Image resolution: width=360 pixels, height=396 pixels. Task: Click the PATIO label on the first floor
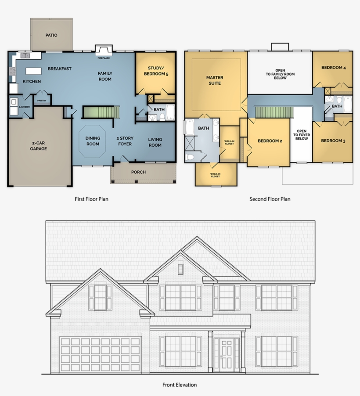(x=51, y=35)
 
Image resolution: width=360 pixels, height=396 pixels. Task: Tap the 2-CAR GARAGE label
(x=39, y=146)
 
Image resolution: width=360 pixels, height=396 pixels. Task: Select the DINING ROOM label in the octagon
(x=93, y=141)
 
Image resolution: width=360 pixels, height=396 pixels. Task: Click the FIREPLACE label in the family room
(x=103, y=57)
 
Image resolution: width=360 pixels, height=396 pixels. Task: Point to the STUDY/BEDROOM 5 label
(x=156, y=71)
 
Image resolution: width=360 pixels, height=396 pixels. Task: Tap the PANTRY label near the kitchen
(x=42, y=101)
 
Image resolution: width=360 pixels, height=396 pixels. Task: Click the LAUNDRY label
(x=25, y=107)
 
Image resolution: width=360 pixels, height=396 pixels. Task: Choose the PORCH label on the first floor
(x=138, y=172)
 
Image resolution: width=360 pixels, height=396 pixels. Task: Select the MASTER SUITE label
(x=215, y=80)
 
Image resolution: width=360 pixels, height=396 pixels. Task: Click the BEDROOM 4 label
(x=333, y=68)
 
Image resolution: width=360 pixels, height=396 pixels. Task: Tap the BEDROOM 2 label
(x=270, y=141)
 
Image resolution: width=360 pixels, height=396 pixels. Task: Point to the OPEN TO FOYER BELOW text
(x=302, y=135)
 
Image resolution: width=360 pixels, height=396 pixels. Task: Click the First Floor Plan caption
(x=91, y=199)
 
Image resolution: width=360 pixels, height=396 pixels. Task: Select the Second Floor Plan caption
(x=270, y=199)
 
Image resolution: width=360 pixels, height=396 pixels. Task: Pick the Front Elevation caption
(x=180, y=385)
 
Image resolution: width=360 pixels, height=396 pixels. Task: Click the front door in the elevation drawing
(x=227, y=354)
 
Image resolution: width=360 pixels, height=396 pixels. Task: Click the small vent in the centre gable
(x=180, y=269)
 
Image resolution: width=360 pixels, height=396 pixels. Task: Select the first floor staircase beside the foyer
(x=101, y=112)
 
